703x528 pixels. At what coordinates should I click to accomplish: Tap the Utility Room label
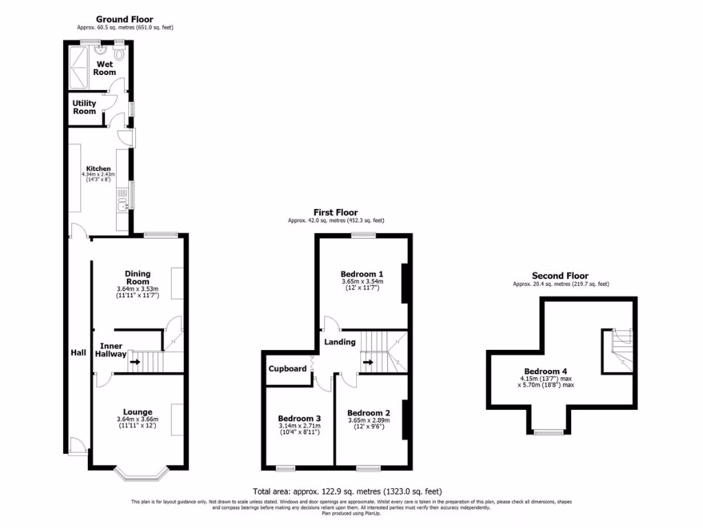click(84, 107)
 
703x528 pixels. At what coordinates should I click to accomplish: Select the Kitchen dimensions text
click(97, 177)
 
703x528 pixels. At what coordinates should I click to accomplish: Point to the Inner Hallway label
click(113, 350)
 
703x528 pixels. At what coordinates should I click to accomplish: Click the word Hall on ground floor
click(78, 353)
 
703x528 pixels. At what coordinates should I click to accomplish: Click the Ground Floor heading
click(124, 19)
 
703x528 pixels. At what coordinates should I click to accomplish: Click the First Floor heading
click(336, 212)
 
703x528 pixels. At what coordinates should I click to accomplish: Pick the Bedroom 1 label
click(362, 273)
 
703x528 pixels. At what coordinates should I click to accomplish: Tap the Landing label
click(340, 342)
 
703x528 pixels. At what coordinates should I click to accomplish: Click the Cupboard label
click(288, 368)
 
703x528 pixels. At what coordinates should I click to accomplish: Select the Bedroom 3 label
click(299, 418)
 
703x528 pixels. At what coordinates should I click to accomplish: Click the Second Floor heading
click(560, 276)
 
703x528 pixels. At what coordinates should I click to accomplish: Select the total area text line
click(347, 492)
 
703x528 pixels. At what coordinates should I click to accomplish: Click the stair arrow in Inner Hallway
click(135, 362)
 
